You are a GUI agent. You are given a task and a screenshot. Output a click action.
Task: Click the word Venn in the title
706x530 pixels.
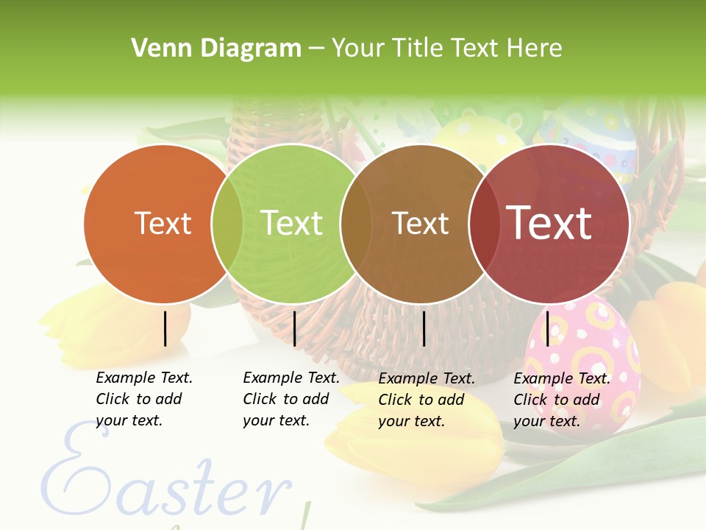(155, 49)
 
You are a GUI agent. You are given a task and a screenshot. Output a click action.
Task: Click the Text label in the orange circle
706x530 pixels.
(163, 223)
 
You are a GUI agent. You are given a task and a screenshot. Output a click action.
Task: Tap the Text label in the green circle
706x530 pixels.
(292, 223)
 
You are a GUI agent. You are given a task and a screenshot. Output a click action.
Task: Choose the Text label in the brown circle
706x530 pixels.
(420, 224)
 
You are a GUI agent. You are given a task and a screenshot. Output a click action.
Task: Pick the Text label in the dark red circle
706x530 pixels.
(549, 222)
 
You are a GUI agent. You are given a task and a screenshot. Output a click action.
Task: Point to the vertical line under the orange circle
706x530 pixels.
(165, 328)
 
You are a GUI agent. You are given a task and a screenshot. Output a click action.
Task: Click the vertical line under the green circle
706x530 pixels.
(294, 328)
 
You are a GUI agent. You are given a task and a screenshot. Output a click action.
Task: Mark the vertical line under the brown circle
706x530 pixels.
(424, 328)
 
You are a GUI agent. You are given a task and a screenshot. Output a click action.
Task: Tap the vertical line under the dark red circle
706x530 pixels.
(547, 328)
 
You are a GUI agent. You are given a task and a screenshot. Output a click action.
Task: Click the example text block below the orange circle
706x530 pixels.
(144, 399)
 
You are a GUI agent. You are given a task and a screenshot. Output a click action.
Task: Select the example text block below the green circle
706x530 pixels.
(291, 399)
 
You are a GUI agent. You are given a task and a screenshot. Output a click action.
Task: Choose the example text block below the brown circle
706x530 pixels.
(427, 400)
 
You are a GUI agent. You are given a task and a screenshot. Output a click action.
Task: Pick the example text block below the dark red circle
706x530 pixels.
(562, 400)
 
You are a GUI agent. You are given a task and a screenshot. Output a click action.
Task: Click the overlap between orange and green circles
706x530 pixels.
(227, 223)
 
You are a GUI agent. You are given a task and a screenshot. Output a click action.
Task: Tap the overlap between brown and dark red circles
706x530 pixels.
(484, 223)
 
